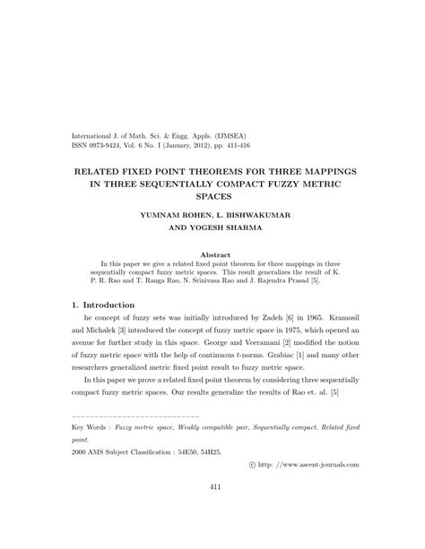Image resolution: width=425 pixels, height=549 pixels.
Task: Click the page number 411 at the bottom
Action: tap(212, 512)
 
